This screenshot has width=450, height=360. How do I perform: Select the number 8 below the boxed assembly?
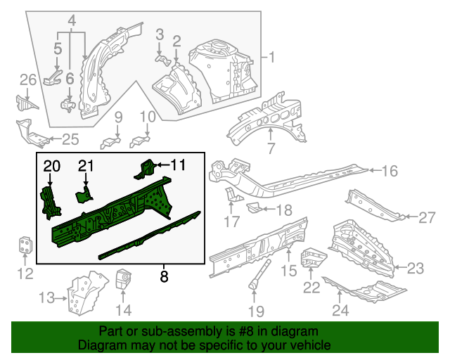coord(164,276)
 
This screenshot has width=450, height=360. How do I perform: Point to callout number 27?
coord(427,218)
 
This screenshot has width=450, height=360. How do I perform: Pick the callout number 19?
coord(255,311)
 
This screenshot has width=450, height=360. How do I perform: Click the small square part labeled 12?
coord(25,246)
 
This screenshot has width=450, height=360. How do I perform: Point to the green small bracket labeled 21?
coord(84,195)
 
